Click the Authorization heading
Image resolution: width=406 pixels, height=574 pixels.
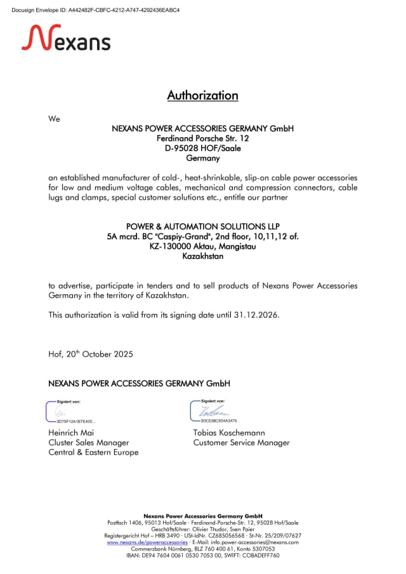[x=202, y=96]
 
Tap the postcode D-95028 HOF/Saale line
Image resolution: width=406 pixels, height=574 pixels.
[x=202, y=148]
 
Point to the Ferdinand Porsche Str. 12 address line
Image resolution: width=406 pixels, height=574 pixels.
[x=202, y=138]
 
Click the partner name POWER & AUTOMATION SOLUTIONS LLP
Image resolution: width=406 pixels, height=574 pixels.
[x=202, y=226]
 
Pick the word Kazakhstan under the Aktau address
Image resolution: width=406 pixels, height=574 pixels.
[x=202, y=256]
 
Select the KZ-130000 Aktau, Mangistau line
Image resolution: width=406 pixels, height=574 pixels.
[x=202, y=246]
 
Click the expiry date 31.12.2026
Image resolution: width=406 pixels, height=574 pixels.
[x=256, y=315]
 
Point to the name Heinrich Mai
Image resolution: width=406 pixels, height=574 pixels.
[x=71, y=433]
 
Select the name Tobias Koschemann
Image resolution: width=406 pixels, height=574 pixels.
[x=229, y=433]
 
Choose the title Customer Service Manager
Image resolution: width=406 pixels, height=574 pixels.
[x=241, y=443]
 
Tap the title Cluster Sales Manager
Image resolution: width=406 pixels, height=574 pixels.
[x=88, y=443]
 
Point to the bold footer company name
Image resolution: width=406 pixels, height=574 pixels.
[x=202, y=516]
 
